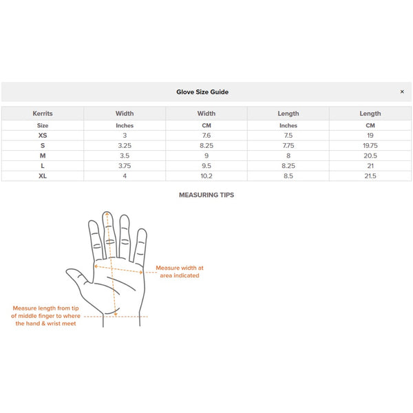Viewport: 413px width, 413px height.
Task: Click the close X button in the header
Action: [402, 92]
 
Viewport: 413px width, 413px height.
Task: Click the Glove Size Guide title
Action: [202, 92]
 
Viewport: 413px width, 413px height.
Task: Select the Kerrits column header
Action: [43, 114]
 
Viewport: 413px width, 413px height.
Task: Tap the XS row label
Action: [43, 136]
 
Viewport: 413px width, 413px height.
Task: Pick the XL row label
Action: [43, 176]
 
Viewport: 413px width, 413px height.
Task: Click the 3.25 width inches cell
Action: [125, 146]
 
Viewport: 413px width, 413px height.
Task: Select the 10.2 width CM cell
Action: [206, 176]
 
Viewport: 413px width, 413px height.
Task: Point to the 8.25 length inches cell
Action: [288, 166]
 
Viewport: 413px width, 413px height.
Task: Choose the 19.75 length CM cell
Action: [370, 146]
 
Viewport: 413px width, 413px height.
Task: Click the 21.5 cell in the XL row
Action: [370, 176]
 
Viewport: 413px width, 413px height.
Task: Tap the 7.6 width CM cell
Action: [206, 136]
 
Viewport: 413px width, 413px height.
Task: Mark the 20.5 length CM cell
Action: [370, 156]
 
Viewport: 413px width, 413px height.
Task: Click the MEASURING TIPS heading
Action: [206, 195]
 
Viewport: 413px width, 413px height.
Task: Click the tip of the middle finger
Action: [107, 215]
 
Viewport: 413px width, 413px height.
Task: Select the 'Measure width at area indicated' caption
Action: [180, 271]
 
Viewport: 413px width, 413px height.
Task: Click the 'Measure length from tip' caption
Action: [46, 316]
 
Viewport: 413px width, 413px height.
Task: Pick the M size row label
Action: [43, 156]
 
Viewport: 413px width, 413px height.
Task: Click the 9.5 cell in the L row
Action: [206, 166]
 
